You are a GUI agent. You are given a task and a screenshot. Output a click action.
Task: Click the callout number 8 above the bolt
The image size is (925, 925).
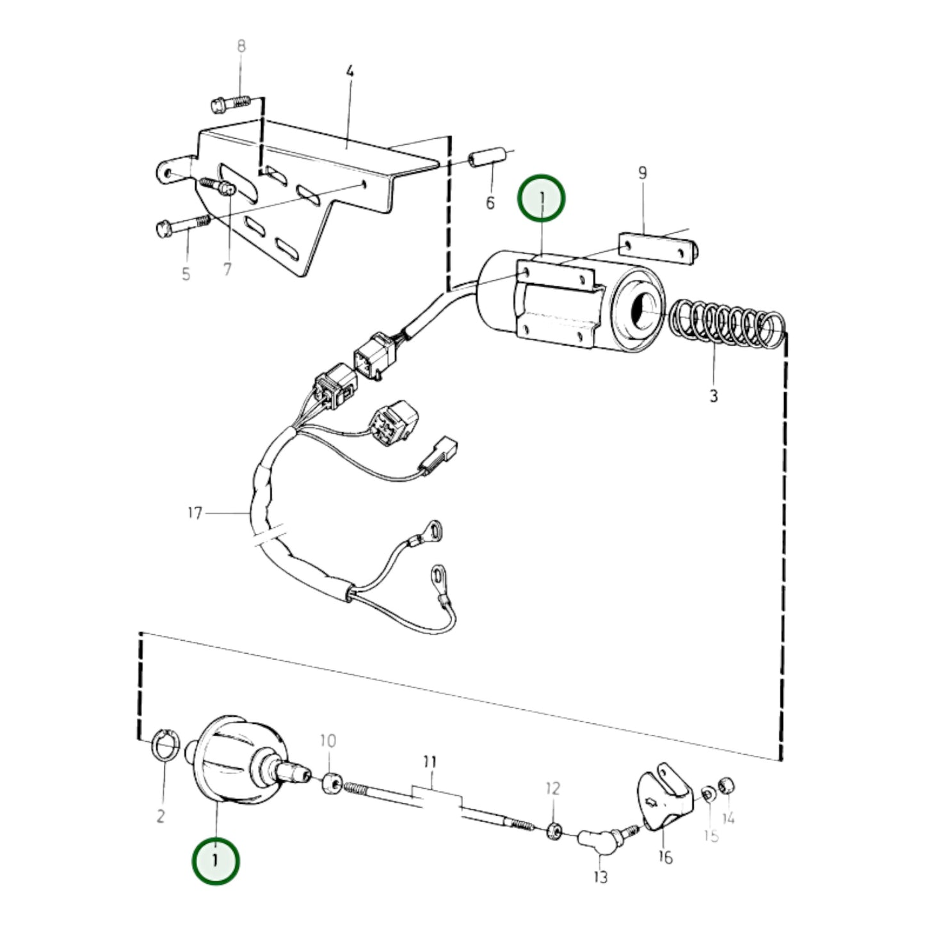pyautogui.click(x=241, y=46)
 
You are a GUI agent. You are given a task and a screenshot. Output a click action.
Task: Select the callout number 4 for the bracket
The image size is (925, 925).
pyautogui.click(x=350, y=71)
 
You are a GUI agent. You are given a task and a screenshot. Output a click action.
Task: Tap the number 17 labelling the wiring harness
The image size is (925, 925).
pyautogui.click(x=195, y=513)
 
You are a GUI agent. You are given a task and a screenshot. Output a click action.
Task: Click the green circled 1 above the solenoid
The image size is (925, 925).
pyautogui.click(x=542, y=198)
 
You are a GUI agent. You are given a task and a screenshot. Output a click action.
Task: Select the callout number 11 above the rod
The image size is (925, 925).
pyautogui.click(x=430, y=762)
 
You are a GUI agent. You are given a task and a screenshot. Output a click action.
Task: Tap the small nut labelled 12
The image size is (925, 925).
pyautogui.click(x=554, y=832)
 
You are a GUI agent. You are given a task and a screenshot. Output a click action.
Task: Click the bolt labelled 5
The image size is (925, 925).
pyautogui.click(x=182, y=225)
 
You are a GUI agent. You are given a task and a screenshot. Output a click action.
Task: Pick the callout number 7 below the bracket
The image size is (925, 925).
pyautogui.click(x=227, y=269)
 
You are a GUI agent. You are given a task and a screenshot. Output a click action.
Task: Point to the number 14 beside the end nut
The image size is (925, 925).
pyautogui.click(x=728, y=818)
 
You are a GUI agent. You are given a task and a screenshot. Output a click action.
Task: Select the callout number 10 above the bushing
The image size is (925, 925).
pyautogui.click(x=328, y=741)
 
